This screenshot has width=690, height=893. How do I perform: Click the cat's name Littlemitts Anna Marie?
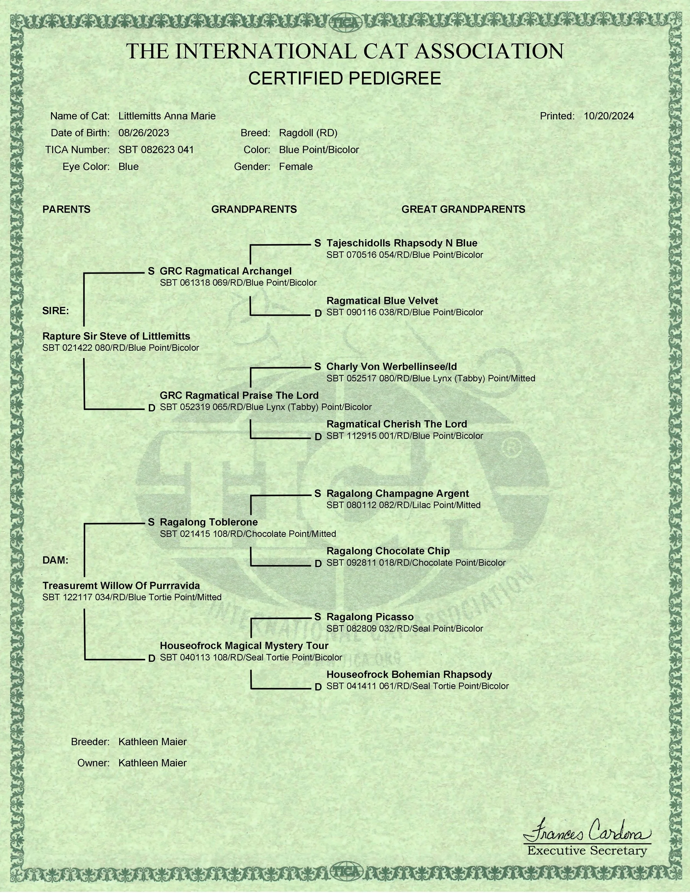pos(167,116)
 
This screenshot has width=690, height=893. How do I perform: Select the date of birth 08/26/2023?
pos(144,133)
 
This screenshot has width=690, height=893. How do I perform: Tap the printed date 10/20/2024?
pos(609,116)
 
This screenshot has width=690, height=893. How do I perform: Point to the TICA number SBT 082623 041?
pos(156,150)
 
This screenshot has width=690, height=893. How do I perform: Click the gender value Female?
pos(296,167)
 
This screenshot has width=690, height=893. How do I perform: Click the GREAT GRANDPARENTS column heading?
pos(463,209)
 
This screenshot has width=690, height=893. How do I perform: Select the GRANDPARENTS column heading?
pos(254,209)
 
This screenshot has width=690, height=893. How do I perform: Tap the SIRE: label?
pos(55,311)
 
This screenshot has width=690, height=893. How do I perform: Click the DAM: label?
pos(55,560)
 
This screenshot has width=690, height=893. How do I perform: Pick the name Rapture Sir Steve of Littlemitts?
pos(116,336)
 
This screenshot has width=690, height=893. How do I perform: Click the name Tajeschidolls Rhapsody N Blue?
pos(401,243)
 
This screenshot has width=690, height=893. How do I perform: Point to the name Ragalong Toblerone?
pos(208,522)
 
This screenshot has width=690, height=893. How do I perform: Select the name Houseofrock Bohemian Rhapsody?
pos(409,674)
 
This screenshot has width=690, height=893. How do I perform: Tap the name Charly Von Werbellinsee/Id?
pos(391,367)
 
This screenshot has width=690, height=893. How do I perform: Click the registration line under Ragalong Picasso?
pos(404,629)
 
